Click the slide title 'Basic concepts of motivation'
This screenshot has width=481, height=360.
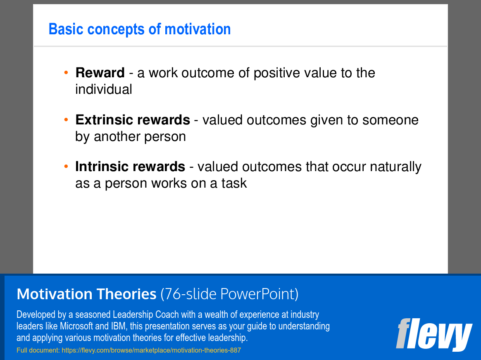(x=140, y=29)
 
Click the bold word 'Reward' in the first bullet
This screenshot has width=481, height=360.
(x=100, y=73)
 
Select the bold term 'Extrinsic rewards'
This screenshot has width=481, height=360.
(x=133, y=120)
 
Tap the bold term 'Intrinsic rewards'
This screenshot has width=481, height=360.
(x=130, y=167)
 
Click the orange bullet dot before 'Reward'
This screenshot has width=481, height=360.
(x=66, y=72)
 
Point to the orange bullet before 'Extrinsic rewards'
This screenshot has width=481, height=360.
(x=66, y=119)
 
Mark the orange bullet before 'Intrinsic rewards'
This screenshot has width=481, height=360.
(x=66, y=166)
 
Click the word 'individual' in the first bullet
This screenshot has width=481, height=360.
(x=104, y=89)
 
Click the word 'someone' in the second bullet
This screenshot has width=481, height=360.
(x=390, y=120)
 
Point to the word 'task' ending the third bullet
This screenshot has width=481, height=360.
(x=234, y=183)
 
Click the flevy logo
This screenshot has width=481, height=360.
(x=434, y=334)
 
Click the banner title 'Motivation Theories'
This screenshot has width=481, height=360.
(x=86, y=294)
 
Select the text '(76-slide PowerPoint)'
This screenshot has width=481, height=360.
(x=229, y=294)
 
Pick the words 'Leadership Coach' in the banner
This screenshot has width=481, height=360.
(x=146, y=315)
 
